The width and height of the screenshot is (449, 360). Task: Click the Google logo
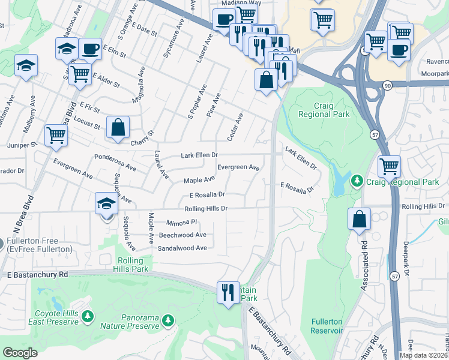tap(20, 353)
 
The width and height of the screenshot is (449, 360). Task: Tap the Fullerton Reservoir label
tap(327, 326)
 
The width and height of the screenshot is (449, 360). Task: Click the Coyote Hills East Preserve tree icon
tap(88, 316)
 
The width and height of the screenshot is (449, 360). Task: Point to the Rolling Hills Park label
tap(131, 265)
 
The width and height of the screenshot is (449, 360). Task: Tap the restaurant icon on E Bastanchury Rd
tap(228, 292)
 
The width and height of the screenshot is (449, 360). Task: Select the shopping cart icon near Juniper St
tap(56, 134)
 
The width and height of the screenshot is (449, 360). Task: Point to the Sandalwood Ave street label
tap(182, 248)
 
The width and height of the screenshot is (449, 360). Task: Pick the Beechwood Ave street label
tap(182, 235)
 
